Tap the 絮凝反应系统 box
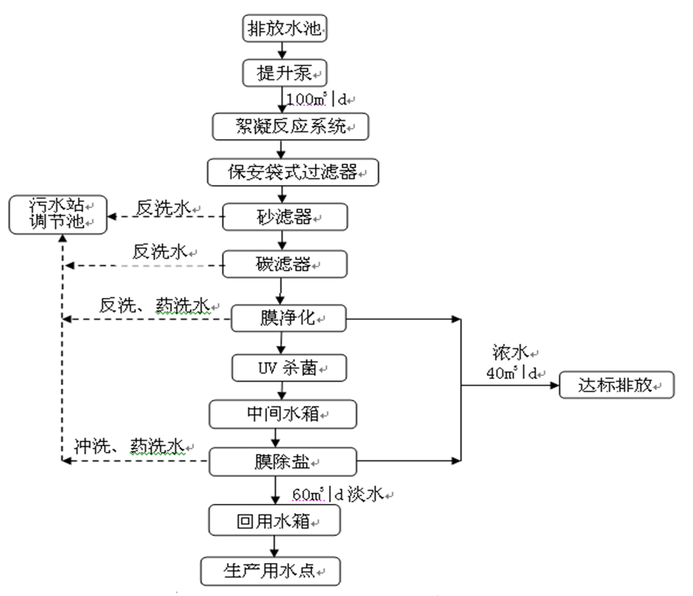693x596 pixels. coord(290,127)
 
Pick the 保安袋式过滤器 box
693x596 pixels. coord(293,171)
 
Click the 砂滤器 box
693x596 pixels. coord(285,217)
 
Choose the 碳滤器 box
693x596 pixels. coord(285,264)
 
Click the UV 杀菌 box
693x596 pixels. coord(285,366)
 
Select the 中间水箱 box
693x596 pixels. coord(283,413)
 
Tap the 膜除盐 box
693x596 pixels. coord(283,461)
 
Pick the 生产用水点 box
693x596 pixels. coord(271,571)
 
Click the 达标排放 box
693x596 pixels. coord(616,385)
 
